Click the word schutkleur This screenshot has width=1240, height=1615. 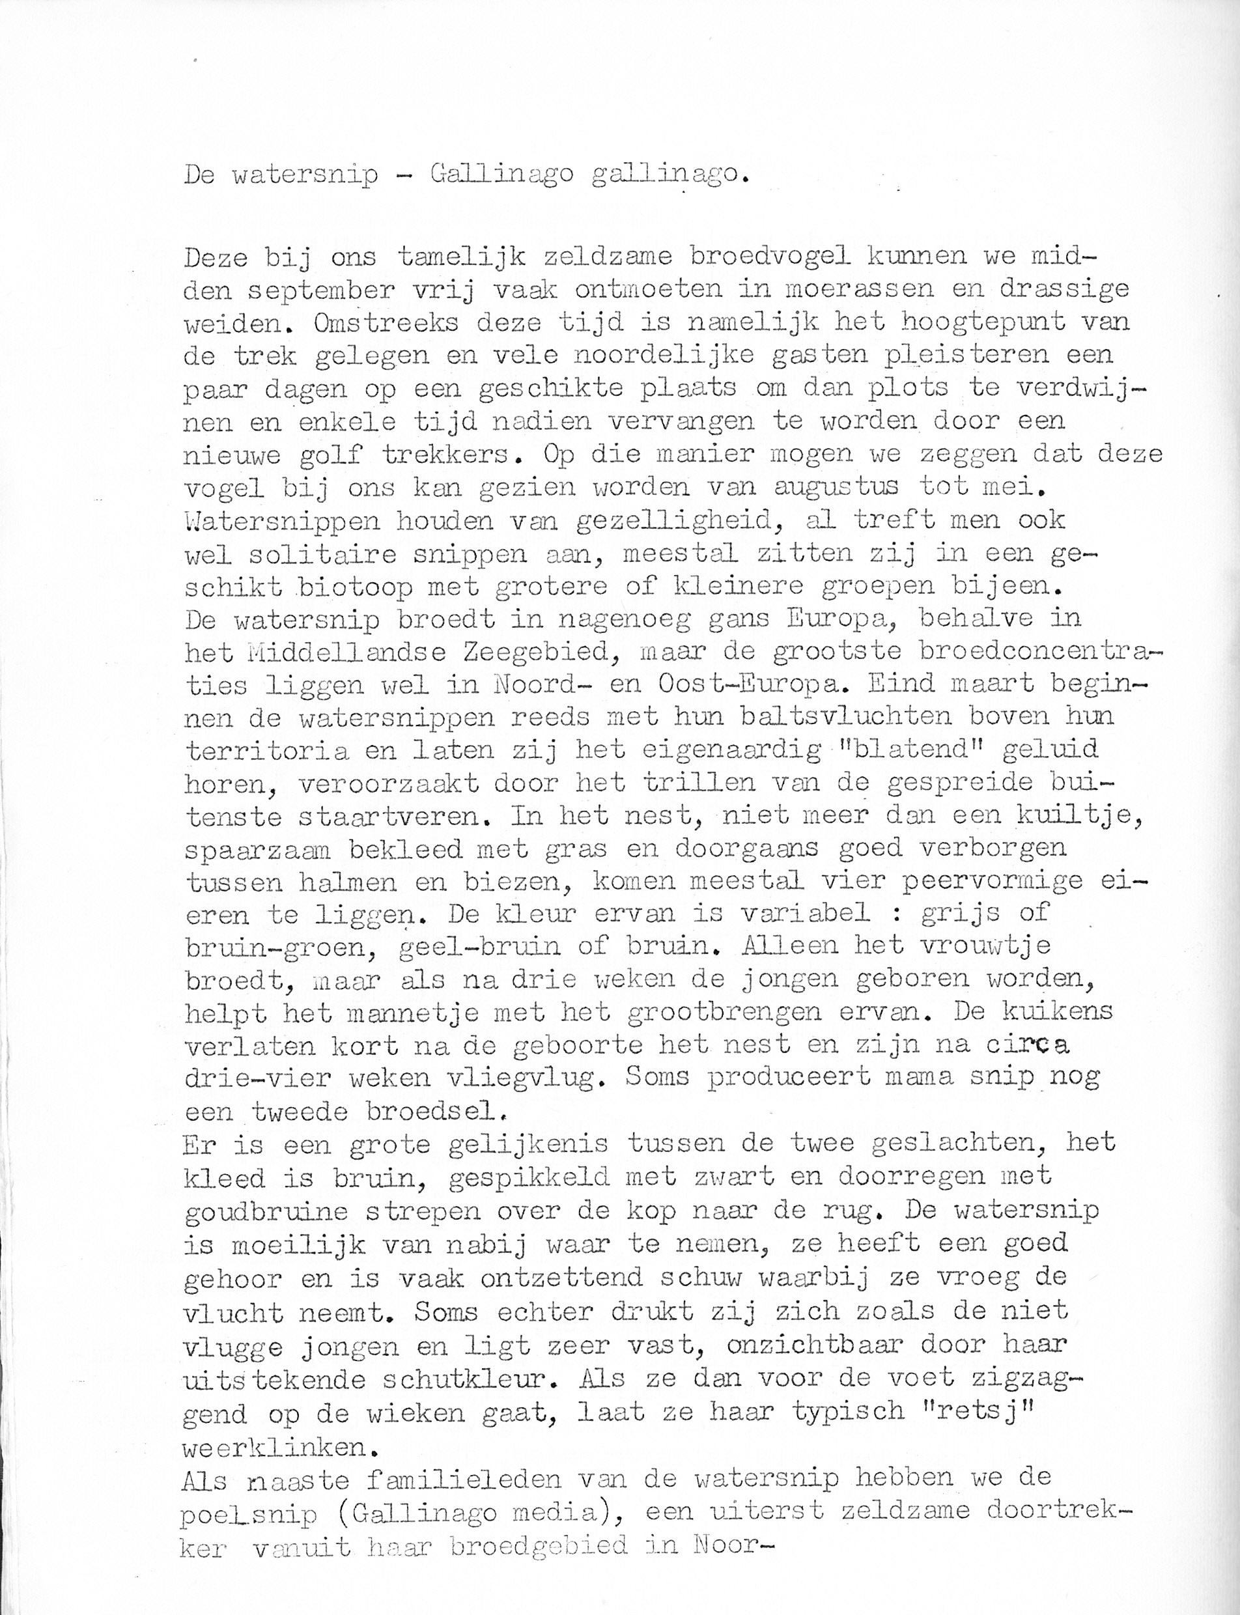444,1378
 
